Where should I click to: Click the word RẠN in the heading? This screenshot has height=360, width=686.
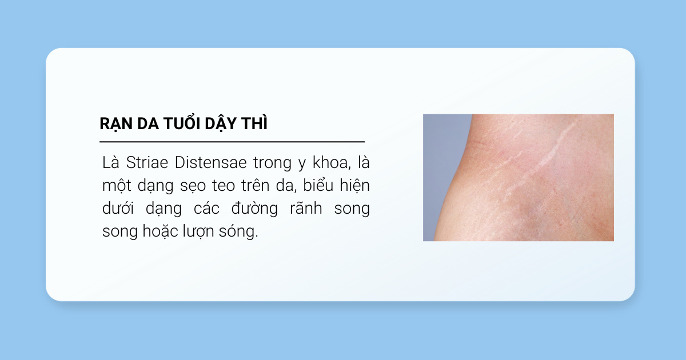(x=114, y=125)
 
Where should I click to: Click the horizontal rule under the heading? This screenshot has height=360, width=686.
(x=232, y=141)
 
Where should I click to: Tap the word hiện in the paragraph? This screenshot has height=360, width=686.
(x=357, y=186)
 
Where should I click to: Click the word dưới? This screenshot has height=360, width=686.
(x=118, y=209)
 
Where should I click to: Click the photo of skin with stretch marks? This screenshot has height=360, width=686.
(x=518, y=177)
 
